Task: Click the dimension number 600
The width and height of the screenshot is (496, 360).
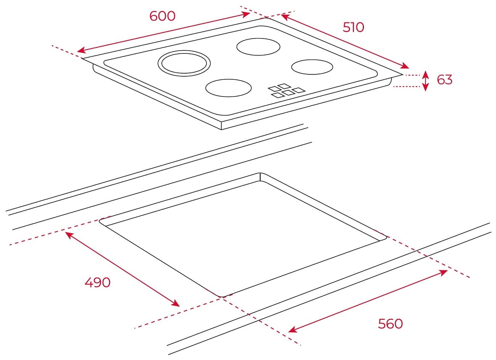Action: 162,16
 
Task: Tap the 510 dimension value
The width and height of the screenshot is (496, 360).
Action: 353,27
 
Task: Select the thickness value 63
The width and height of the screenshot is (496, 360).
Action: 444,80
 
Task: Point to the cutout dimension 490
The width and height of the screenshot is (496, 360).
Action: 97,282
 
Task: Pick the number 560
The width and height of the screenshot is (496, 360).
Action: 390,324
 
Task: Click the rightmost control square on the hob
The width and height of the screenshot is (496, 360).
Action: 299,90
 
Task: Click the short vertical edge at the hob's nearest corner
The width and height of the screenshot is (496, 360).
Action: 221,126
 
